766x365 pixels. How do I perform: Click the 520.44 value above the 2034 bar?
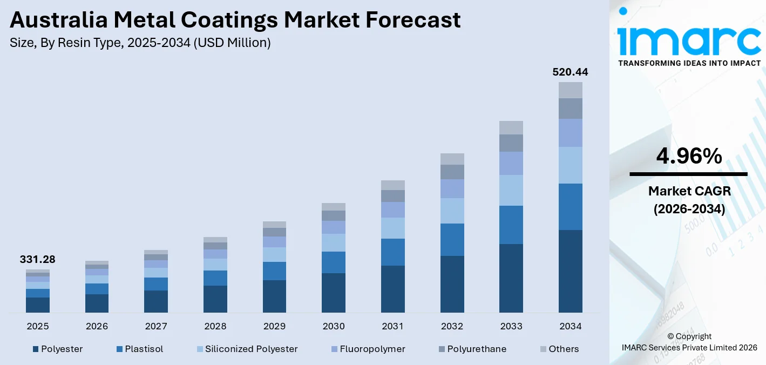(x=570, y=72)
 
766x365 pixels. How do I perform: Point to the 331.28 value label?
(x=38, y=260)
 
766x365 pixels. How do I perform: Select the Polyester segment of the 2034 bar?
(x=570, y=271)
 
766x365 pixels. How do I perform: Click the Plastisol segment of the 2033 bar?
(x=511, y=225)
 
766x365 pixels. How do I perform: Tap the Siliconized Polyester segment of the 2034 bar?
(x=570, y=165)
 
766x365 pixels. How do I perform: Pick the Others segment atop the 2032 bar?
(x=452, y=159)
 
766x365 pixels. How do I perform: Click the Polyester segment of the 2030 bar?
(x=334, y=293)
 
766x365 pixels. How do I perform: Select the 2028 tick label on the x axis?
(x=215, y=326)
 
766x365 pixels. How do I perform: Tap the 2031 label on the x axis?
(x=393, y=326)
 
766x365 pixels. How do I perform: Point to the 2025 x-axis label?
(x=38, y=326)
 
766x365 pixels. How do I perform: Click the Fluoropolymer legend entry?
(x=372, y=349)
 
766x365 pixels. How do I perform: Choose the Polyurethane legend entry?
(x=477, y=349)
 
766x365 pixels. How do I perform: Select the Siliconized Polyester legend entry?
(x=251, y=349)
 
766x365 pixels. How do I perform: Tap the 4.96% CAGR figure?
(x=689, y=157)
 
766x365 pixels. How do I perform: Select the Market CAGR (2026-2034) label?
(x=689, y=200)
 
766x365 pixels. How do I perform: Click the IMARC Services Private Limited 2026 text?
(x=689, y=348)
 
